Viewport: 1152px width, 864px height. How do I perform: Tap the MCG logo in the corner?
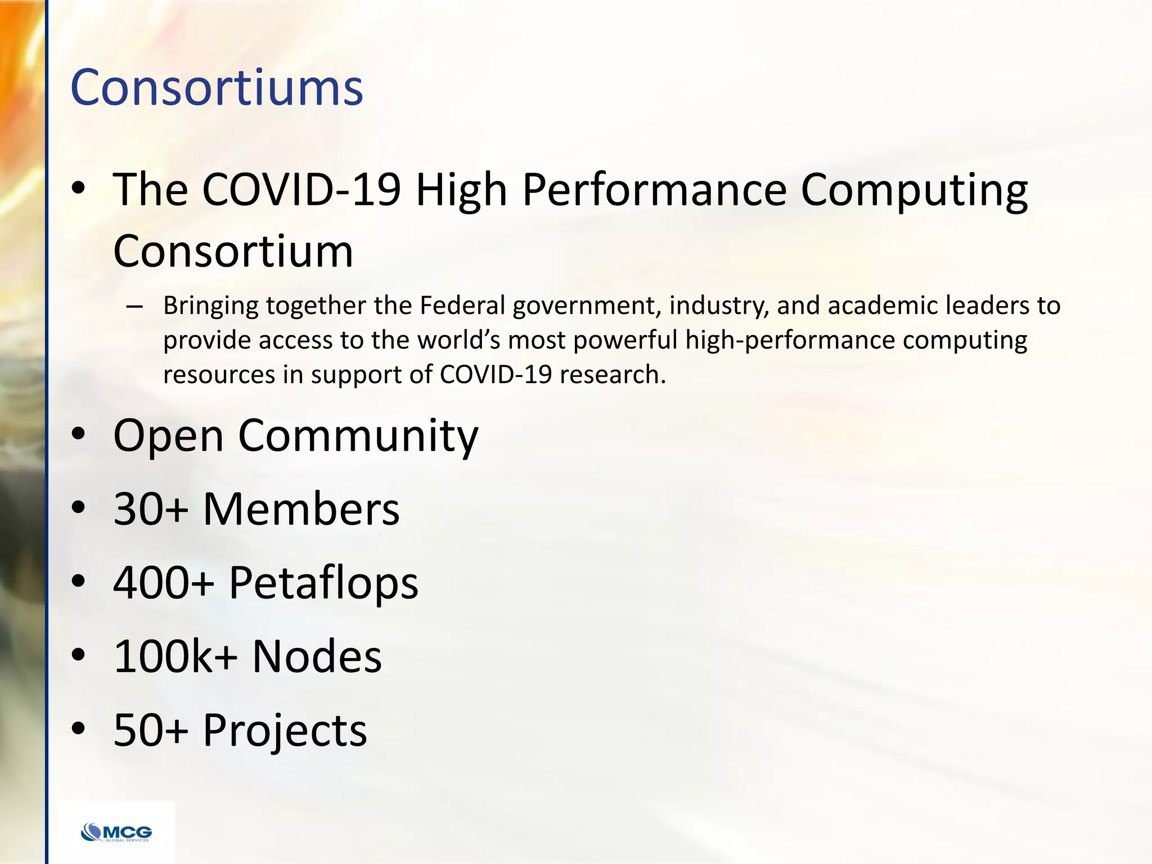click(116, 832)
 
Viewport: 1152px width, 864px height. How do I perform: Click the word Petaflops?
click(323, 582)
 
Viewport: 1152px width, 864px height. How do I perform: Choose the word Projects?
click(285, 730)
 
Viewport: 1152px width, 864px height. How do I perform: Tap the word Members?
click(301, 508)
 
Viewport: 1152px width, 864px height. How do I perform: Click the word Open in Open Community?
click(168, 435)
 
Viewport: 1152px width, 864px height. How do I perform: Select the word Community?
click(358, 435)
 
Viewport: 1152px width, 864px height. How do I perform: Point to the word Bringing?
click(210, 307)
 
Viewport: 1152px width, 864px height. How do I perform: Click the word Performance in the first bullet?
click(654, 190)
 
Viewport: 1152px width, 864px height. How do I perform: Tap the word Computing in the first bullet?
click(914, 190)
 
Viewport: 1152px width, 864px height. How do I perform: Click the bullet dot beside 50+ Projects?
click(79, 728)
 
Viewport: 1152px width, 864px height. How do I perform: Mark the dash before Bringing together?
click(134, 307)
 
